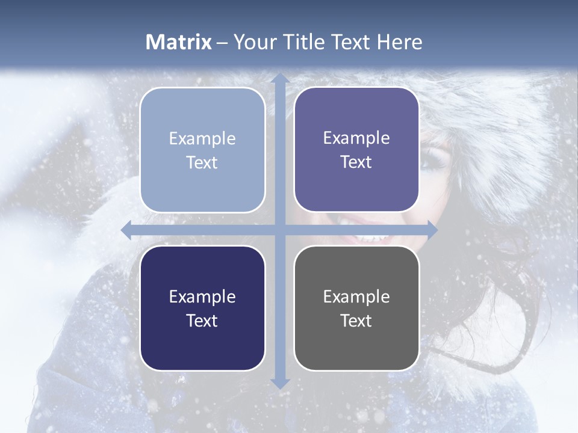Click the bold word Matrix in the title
click(179, 42)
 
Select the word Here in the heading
click(399, 42)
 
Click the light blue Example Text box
click(202, 150)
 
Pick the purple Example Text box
click(356, 150)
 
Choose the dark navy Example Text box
click(202, 308)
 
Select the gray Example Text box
click(356, 308)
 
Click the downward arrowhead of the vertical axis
click(279, 383)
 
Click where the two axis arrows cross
click(279, 230)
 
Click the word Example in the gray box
click(356, 296)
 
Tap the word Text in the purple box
click(356, 162)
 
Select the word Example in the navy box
click(202, 296)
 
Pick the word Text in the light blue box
click(202, 163)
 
